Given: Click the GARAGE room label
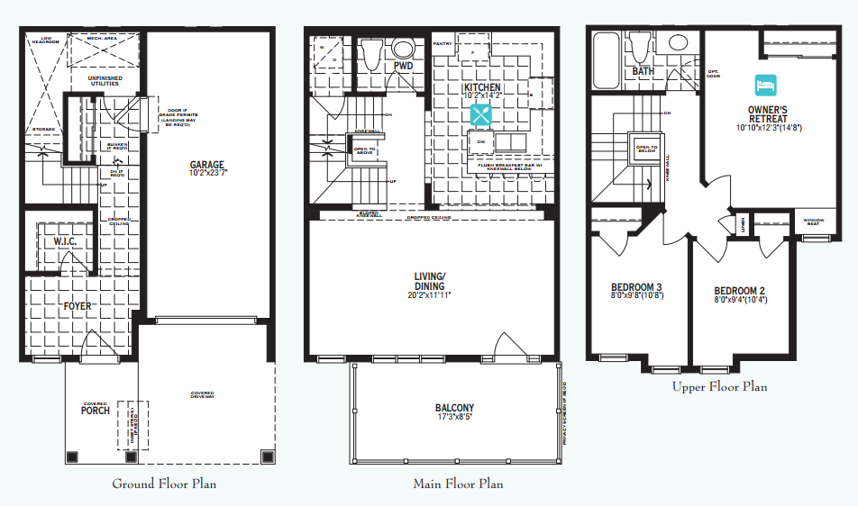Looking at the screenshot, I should coord(206,165).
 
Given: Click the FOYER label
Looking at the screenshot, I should coord(78,306).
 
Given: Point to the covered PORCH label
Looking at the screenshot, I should coord(95,411).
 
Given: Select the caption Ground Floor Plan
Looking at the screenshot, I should coord(164,483).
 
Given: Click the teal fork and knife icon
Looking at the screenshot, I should coord(480,114).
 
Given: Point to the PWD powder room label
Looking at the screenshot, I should coord(403,67).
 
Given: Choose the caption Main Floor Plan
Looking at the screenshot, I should coord(458,483).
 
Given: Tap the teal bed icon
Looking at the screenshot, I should coord(765,85).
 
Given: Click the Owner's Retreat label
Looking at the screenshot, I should coord(767,113).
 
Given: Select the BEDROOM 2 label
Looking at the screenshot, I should coord(739,291).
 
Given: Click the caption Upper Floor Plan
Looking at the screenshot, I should coord(719,386).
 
